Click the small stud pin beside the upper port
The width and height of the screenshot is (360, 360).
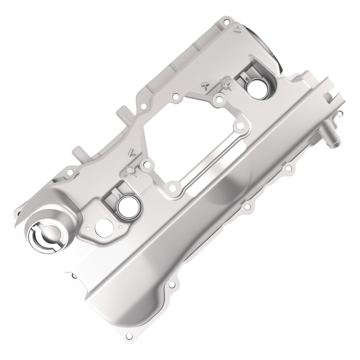click(x=227, y=85)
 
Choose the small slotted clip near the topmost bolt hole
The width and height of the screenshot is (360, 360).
click(x=237, y=31)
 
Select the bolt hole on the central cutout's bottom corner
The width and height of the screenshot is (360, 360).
click(x=172, y=187)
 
